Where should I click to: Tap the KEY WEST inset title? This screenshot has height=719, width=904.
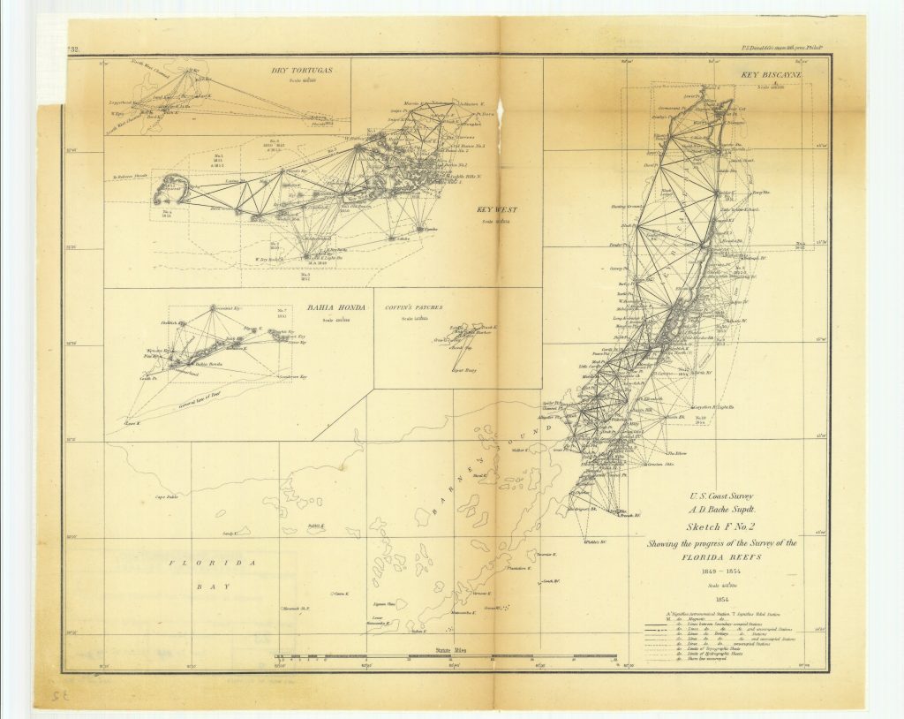click(x=496, y=210)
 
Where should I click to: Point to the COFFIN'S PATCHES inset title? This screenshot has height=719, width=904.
click(x=413, y=308)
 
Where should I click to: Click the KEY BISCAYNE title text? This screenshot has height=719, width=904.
click(x=770, y=77)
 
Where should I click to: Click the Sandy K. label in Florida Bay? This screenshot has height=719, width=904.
click(x=230, y=534)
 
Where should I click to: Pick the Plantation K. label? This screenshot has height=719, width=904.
click(x=518, y=567)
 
